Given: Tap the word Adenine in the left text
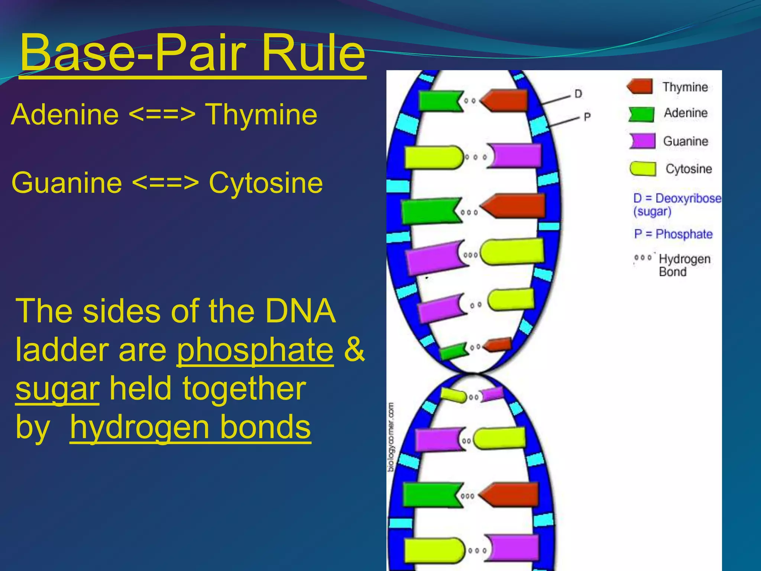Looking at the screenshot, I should [65, 114].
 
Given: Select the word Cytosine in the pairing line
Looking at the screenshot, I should [266, 183].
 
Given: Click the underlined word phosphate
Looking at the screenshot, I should [255, 350].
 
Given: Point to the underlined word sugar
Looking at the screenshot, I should [57, 389].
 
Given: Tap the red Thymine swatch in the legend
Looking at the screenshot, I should [640, 87].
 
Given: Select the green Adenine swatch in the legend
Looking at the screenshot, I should [641, 114].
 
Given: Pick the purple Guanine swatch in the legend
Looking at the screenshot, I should [642, 141].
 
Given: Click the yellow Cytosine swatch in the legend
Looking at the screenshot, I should [643, 168].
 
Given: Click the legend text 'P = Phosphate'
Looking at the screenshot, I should [673, 234].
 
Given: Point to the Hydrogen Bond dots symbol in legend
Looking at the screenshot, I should [643, 258].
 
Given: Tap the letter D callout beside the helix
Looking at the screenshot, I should [578, 94].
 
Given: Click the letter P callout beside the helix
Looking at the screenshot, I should [587, 117].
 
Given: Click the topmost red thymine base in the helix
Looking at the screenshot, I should [505, 100].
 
